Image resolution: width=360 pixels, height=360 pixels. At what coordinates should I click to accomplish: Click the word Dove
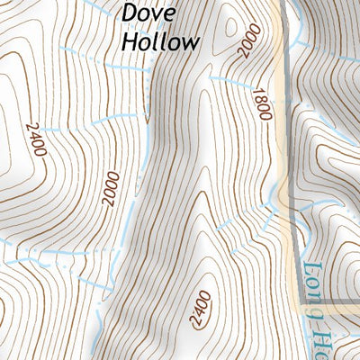[146, 13]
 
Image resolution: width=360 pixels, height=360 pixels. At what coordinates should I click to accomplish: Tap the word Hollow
[159, 41]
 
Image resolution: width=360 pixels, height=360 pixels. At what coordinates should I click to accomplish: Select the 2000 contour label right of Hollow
[249, 41]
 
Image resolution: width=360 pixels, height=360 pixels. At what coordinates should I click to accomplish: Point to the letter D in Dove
[130, 13]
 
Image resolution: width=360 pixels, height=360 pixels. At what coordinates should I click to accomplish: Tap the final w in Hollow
[190, 41]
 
